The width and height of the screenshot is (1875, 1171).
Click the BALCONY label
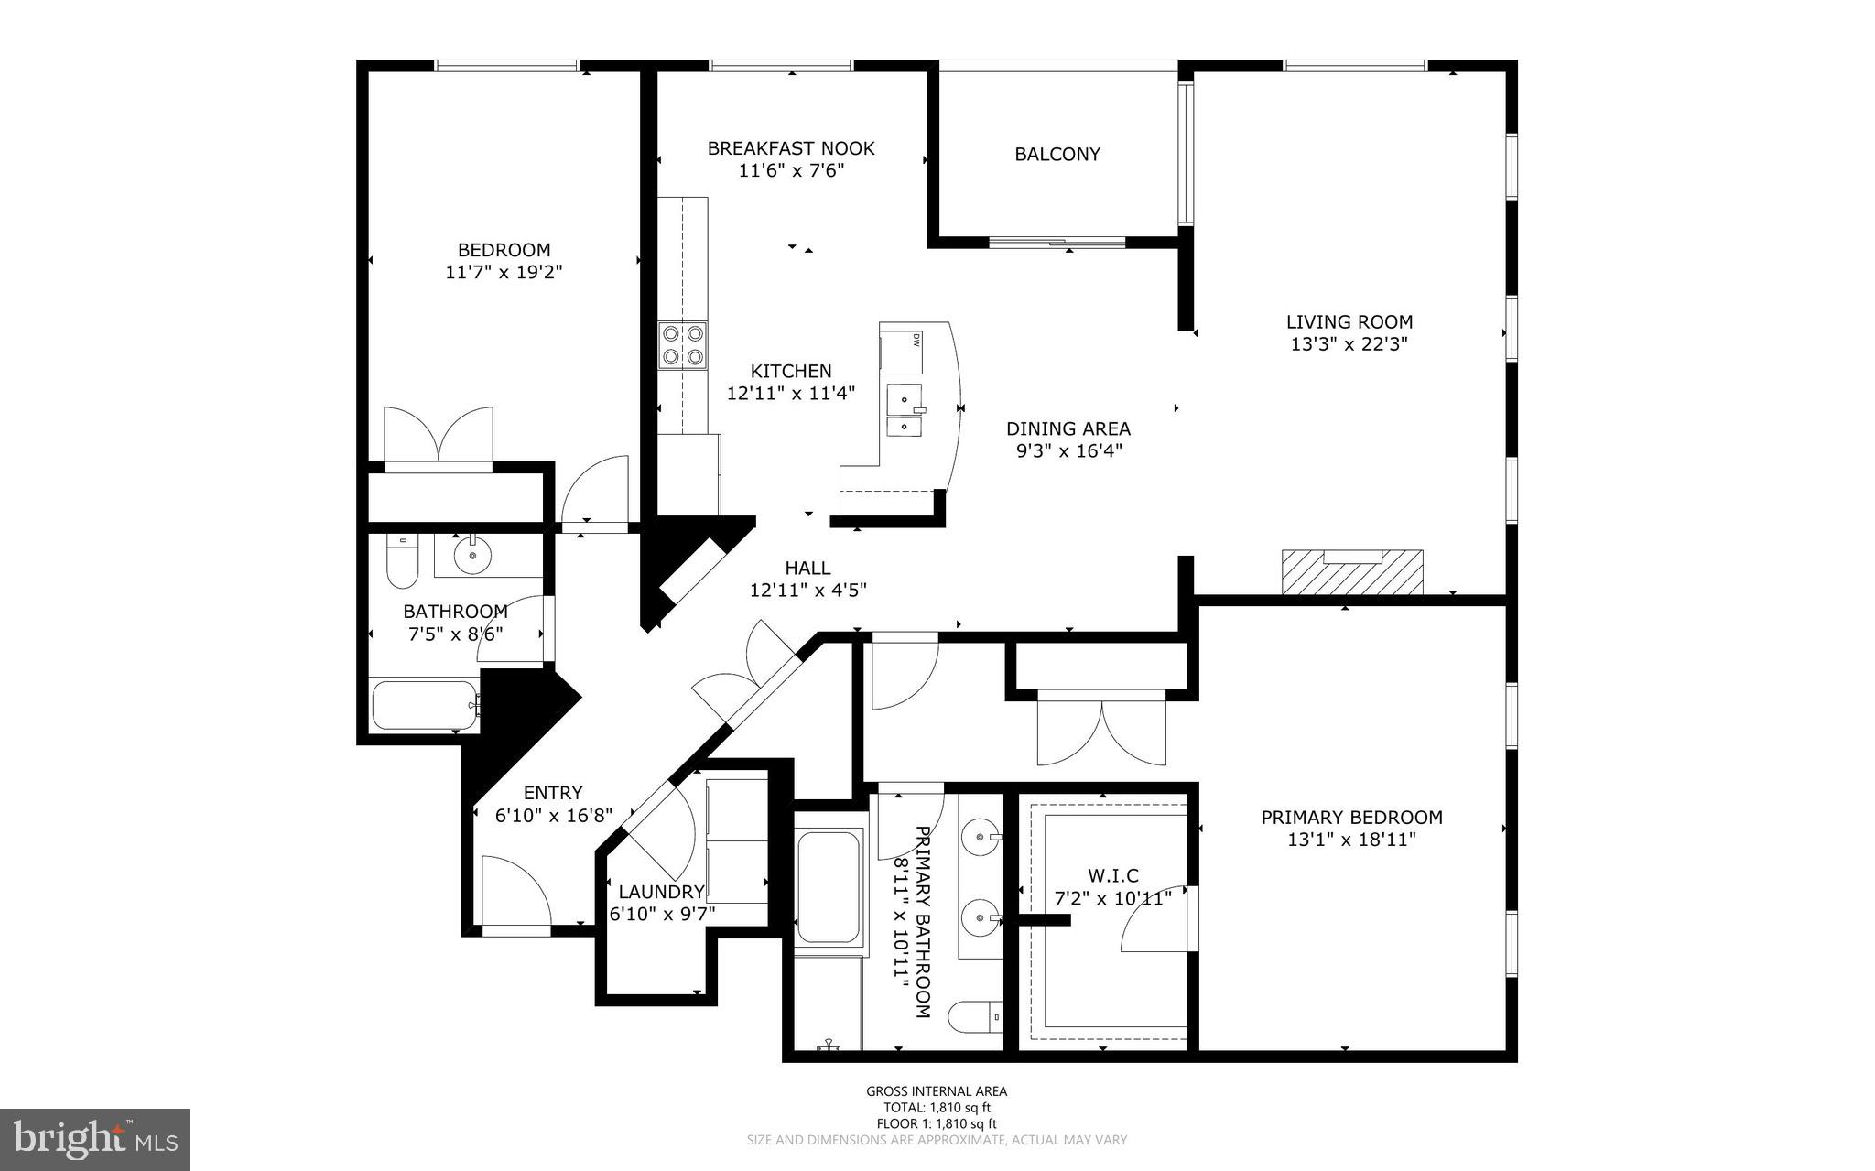click(1057, 154)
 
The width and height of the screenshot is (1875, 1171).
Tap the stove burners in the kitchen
click(684, 345)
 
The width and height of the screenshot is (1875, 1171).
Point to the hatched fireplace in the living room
click(1352, 571)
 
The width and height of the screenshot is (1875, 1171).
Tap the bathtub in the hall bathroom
click(425, 704)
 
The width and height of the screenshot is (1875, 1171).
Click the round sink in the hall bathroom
click(472, 555)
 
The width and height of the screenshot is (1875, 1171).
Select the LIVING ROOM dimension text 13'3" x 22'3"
click(1349, 344)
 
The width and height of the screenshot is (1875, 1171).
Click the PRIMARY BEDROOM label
click(1351, 817)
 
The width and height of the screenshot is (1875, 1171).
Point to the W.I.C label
click(1112, 876)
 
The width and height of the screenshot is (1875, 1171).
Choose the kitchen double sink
click(905, 412)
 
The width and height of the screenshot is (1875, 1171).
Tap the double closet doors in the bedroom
click(439, 436)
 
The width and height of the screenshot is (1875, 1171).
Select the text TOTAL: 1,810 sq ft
click(937, 1107)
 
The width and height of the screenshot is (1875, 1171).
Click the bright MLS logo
click(95, 1139)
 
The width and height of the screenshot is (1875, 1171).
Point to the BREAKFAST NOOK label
click(791, 147)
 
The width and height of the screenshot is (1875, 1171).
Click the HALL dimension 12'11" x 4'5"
click(807, 591)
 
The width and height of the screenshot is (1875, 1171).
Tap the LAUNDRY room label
click(661, 892)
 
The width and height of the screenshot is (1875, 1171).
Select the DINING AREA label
click(1068, 428)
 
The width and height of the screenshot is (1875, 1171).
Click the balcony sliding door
click(1057, 243)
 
